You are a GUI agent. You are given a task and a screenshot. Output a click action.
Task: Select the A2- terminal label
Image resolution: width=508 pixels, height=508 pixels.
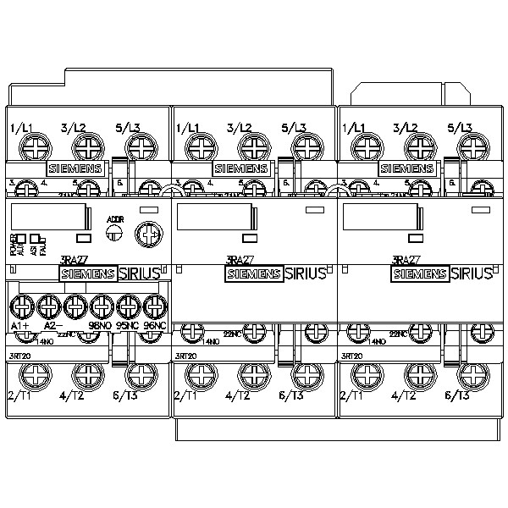pyautogui.click(x=53, y=326)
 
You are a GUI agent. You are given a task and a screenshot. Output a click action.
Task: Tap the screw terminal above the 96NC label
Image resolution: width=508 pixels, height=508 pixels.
pyautogui.click(x=154, y=305)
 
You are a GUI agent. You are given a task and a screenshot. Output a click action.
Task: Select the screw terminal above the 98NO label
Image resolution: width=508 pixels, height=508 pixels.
pyautogui.click(x=102, y=305)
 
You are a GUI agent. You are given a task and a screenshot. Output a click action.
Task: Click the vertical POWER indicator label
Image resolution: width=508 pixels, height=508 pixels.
pyautogui.click(x=13, y=244)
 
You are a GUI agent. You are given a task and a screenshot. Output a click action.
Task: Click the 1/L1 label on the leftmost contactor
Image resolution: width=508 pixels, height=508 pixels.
pyautogui.click(x=21, y=128)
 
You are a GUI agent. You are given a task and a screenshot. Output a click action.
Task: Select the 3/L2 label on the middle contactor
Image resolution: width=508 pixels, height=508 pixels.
pyautogui.click(x=240, y=128)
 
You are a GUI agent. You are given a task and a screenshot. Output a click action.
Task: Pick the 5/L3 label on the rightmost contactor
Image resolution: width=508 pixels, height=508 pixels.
pyautogui.click(x=459, y=128)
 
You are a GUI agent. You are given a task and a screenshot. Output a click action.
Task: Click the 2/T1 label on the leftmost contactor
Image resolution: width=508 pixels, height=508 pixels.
pyautogui.click(x=19, y=395)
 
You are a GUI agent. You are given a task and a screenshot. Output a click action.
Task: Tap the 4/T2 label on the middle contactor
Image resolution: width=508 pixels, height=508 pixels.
pyautogui.click(x=239, y=395)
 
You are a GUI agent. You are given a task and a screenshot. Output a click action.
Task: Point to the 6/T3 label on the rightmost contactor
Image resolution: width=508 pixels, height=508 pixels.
pyautogui.click(x=457, y=395)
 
